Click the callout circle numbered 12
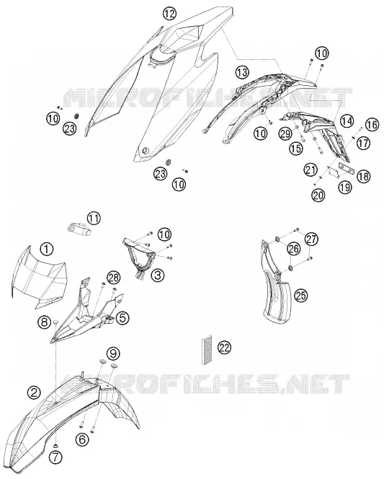pos(169,14)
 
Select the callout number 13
pos(242,73)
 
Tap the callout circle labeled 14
pos(347,121)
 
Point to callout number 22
pos(225,348)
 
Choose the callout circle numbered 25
pos(301,295)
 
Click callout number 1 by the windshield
pos(47,250)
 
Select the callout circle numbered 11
pos(94,219)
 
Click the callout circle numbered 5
pos(122,317)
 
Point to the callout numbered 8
pos(45,322)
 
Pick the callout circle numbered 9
pos(113,353)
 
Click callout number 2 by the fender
pos(34,392)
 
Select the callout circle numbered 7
pos(57,457)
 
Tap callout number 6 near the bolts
pos(82,439)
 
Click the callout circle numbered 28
pos(113,278)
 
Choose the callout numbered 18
pos(363,176)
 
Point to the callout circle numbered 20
pos(318,195)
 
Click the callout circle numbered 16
pos(372,125)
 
